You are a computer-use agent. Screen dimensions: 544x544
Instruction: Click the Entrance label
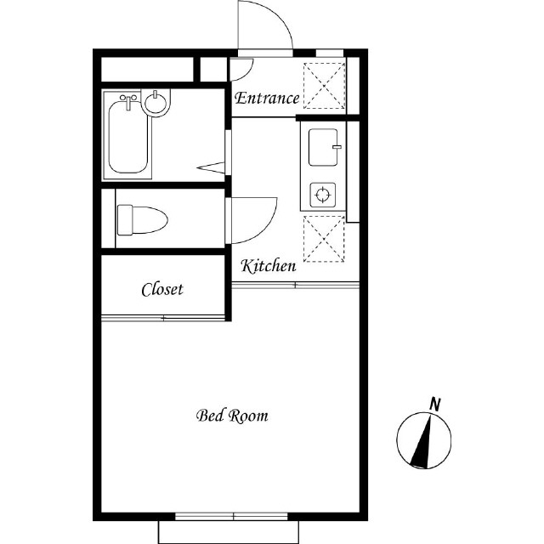(x=267, y=99)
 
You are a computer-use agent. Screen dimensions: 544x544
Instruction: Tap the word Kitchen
(x=269, y=266)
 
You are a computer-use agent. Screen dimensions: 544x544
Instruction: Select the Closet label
(x=162, y=289)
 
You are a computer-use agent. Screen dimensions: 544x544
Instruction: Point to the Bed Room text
(x=232, y=416)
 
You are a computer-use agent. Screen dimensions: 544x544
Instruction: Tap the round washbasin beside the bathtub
(x=156, y=101)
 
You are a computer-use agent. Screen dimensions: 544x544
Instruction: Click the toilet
(x=142, y=220)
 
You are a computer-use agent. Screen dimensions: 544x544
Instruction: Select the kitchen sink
(x=323, y=147)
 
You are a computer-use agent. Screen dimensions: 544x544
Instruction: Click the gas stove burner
(x=323, y=195)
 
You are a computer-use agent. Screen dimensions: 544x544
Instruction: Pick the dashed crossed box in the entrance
(x=325, y=86)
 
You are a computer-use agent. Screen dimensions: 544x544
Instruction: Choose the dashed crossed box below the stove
(x=324, y=239)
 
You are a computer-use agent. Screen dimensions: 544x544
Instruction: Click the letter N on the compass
(x=434, y=405)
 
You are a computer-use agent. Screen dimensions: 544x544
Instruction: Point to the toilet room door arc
(x=266, y=230)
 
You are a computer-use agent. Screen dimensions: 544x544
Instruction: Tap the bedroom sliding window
(x=231, y=517)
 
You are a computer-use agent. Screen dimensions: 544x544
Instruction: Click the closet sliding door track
(x=163, y=318)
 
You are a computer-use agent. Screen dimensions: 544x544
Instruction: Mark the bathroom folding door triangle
(x=212, y=167)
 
